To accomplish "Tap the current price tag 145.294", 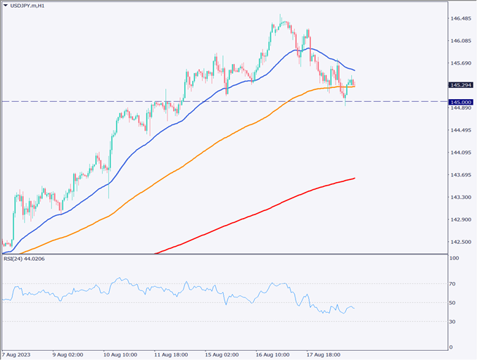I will (461, 85).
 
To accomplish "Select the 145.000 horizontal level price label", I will (461, 102).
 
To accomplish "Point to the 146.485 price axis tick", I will (460, 18).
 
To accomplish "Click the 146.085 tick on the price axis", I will (460, 41).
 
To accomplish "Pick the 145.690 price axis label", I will (460, 63).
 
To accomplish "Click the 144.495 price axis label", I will (460, 130).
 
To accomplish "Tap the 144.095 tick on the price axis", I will (460, 153).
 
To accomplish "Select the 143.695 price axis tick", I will (460, 175).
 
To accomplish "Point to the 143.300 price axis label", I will (460, 198).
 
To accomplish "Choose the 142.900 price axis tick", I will (460, 220).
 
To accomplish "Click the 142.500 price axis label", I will (460, 243).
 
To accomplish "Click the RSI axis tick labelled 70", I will (454, 284).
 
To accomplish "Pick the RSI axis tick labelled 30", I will (454, 322).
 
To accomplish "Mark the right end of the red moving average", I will (355, 178).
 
